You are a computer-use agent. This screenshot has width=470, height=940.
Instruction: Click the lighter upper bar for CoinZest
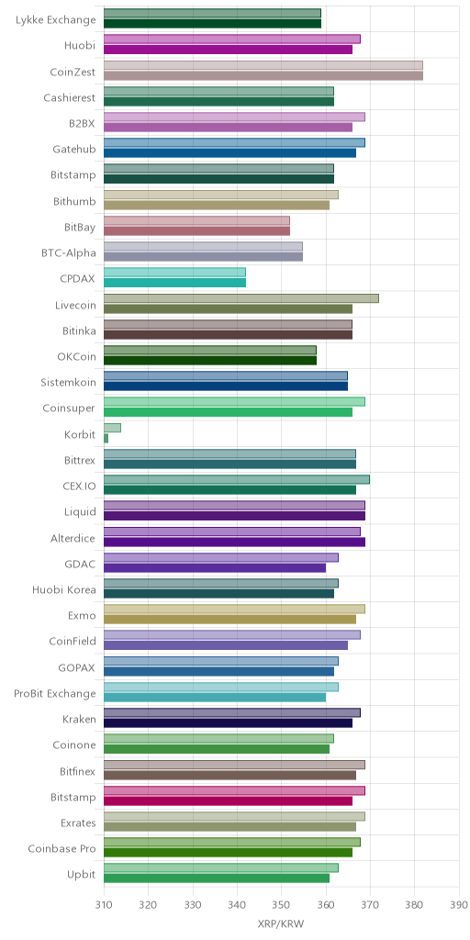pos(263,65)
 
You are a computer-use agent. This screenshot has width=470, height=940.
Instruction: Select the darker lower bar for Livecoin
pos(228,308)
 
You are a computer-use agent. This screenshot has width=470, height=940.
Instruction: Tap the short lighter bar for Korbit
pos(112,428)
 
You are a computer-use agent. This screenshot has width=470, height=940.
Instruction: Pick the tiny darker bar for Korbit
pos(106,438)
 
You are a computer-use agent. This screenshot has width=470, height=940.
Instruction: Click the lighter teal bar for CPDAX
pos(174,272)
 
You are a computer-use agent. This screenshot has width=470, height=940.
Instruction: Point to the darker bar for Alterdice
pos(234,542)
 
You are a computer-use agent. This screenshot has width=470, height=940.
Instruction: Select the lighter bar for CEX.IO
pos(237,479)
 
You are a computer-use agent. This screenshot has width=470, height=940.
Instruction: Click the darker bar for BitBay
pos(196,230)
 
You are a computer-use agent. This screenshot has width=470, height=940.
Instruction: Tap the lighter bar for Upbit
pos(221,867)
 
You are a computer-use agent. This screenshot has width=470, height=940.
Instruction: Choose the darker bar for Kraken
pos(228,723)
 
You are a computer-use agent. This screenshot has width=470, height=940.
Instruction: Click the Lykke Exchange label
pos(56,20)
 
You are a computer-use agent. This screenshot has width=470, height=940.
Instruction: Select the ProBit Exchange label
pos(54,694)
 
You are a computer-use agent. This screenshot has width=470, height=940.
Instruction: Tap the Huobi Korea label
pos(64,590)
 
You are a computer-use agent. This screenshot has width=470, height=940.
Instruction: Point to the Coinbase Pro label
pos(62,849)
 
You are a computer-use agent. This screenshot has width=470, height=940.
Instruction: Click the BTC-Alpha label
pos(70,253)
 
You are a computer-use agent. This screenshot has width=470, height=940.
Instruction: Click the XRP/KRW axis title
pos(281,923)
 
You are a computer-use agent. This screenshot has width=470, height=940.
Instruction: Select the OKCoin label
pos(76,357)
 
